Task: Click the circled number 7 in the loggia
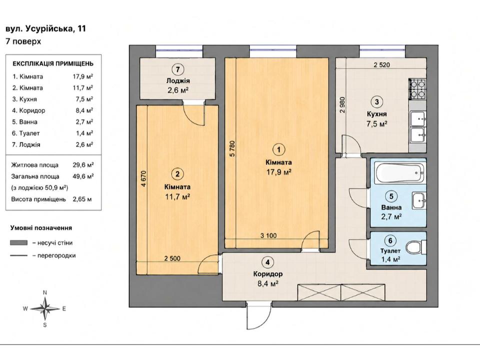[177, 69]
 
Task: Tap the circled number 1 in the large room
[278, 149]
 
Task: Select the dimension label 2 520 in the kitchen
[381, 65]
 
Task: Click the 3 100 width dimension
[268, 235]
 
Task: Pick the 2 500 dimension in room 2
[172, 258]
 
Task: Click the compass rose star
[45, 308]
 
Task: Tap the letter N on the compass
[45, 292]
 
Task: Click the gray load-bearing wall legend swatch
[18, 243]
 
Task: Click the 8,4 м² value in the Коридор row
[84, 110]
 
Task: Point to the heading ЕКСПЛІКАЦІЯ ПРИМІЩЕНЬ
[53, 63]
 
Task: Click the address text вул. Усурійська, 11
[45, 29]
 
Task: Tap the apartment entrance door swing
[258, 315]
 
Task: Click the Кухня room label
[377, 114]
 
